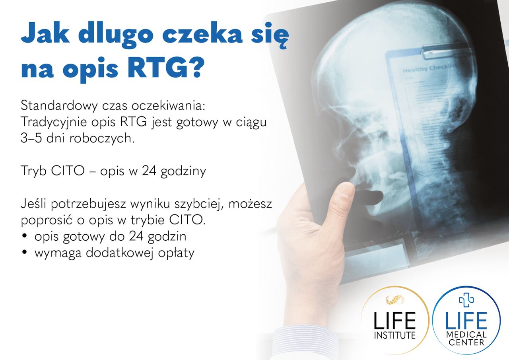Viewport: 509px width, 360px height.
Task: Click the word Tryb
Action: tap(33, 172)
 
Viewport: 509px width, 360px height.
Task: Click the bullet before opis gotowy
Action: tap(25, 236)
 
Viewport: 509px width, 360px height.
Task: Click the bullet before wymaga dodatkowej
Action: tap(25, 252)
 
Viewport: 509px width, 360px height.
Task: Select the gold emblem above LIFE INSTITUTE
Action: tap(394, 299)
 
